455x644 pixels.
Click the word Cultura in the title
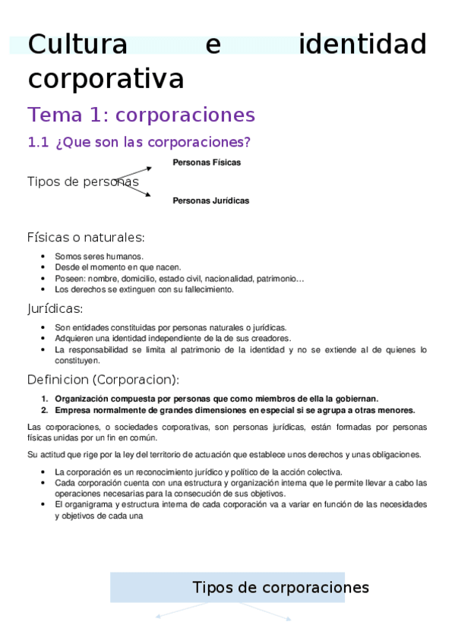pyautogui.click(x=77, y=45)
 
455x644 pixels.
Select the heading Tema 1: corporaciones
pyautogui.click(x=141, y=115)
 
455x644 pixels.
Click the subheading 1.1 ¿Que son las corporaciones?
pyautogui.click(x=139, y=142)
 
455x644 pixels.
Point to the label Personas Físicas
pyautogui.click(x=207, y=163)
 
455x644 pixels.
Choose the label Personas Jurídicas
pyautogui.click(x=211, y=201)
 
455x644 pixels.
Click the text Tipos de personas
pyautogui.click(x=83, y=182)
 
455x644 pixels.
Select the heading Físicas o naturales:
pyautogui.click(x=86, y=237)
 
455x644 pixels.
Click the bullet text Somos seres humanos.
pyautogui.click(x=99, y=257)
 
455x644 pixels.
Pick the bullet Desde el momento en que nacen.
pyautogui.click(x=118, y=267)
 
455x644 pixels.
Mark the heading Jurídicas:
pyautogui.click(x=55, y=308)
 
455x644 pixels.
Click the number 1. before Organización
pyautogui.click(x=45, y=399)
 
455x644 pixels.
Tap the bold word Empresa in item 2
pyautogui.click(x=72, y=410)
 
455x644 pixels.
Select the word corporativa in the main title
pyautogui.click(x=106, y=78)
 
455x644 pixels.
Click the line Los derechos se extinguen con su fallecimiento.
pyautogui.click(x=144, y=289)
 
